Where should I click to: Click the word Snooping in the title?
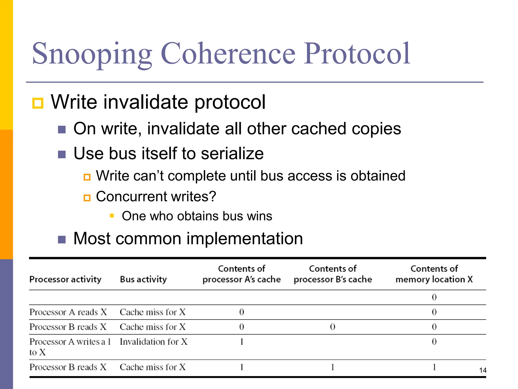(x=92, y=54)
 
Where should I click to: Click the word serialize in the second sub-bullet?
(x=232, y=153)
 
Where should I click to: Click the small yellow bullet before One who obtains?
(x=112, y=216)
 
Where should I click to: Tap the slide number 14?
(x=483, y=370)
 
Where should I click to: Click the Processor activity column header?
(x=65, y=279)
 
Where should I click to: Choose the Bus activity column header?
(x=143, y=279)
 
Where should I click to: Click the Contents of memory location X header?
(x=434, y=274)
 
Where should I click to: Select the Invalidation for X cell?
(x=154, y=342)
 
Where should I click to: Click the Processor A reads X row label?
(x=68, y=312)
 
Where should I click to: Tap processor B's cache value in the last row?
(x=333, y=367)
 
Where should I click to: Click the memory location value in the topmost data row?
(x=434, y=297)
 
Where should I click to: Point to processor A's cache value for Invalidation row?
(x=242, y=342)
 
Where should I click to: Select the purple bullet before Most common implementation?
(x=62, y=239)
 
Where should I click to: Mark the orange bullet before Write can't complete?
(x=87, y=177)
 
